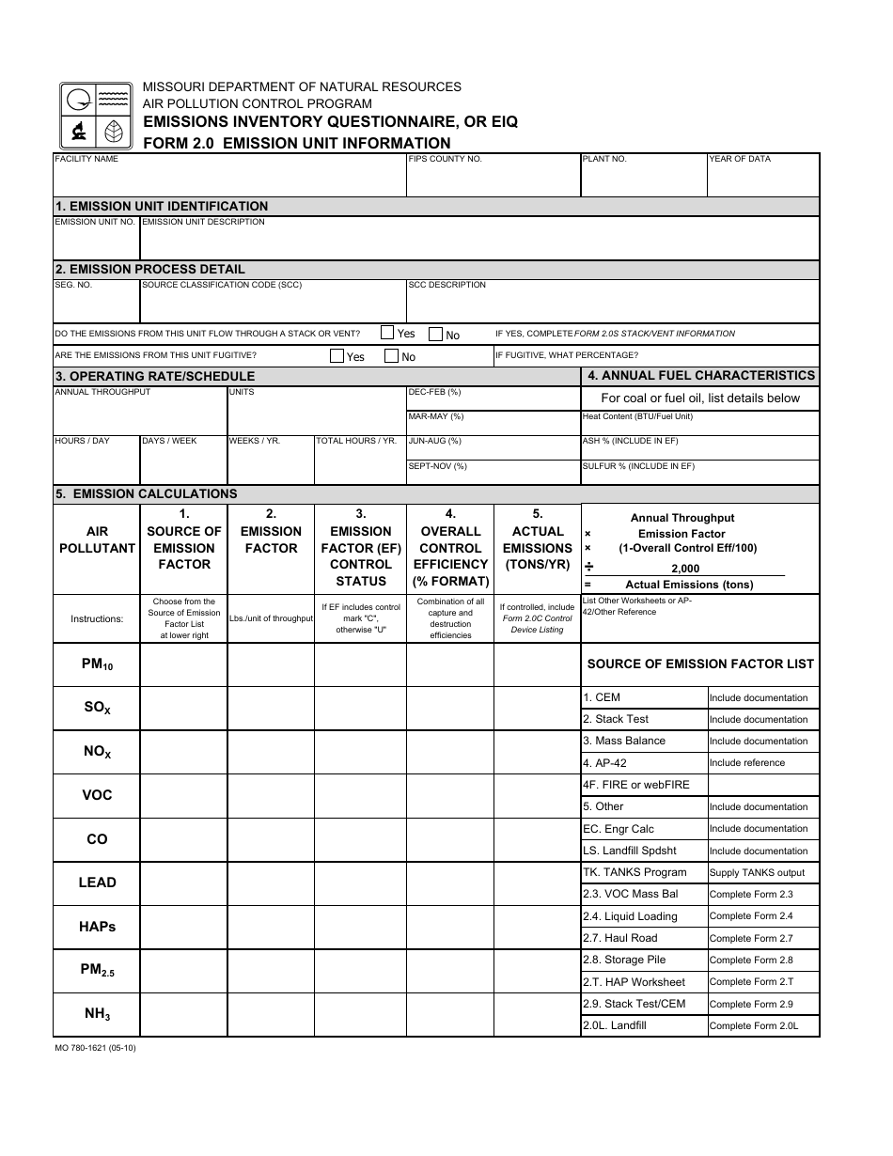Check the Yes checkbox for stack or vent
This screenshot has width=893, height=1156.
387,333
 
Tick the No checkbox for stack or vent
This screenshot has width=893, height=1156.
436,334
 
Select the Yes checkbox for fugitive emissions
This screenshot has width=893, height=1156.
337,356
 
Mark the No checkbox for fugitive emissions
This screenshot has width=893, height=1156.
392,356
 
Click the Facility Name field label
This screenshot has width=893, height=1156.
86,159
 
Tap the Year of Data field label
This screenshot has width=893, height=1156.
740,159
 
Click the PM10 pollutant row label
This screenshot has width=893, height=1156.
97,664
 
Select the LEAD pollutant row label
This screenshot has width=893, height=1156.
97,883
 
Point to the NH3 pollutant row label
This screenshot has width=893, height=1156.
97,1014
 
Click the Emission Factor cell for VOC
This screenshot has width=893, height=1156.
271,795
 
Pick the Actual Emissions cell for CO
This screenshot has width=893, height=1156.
538,839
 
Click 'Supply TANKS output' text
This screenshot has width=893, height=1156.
757,873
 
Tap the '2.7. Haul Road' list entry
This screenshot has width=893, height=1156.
619,938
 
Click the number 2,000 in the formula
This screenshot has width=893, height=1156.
685,569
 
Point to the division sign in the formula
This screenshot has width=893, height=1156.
588,567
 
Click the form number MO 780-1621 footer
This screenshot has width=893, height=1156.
95,1048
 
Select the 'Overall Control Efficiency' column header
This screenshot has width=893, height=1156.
451,548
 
